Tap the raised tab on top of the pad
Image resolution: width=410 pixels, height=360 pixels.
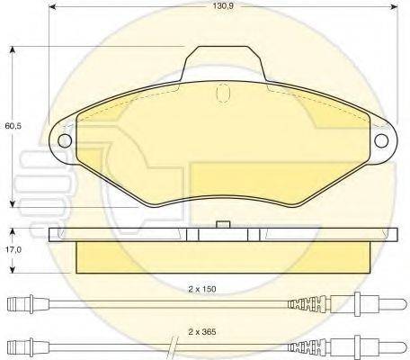[x=226, y=62]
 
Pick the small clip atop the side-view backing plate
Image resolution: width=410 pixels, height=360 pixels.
[x=226, y=223]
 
